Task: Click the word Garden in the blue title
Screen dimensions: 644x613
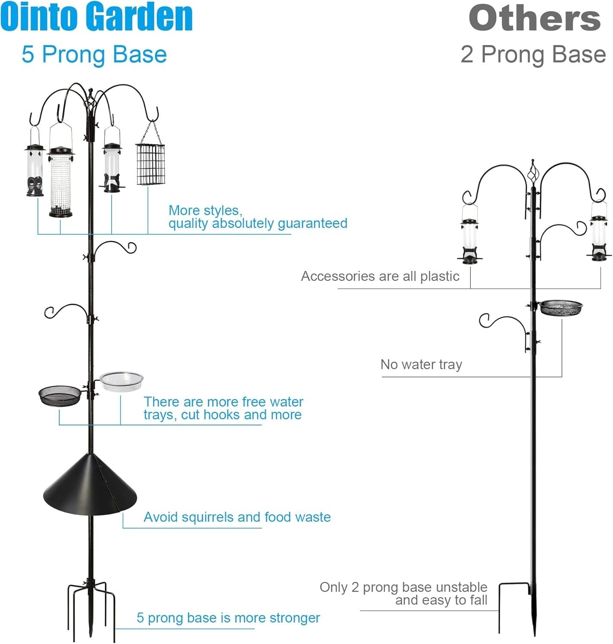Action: click(142, 17)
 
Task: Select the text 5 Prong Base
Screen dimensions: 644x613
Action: click(94, 55)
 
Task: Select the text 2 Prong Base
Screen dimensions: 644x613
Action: click(533, 55)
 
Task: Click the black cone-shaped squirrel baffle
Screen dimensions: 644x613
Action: click(90, 485)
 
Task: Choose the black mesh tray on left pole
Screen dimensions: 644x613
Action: click(59, 395)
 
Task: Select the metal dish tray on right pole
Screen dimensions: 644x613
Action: click(561, 307)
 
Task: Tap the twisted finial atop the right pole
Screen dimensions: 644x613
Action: click(533, 174)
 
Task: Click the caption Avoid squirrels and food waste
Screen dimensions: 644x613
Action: click(237, 517)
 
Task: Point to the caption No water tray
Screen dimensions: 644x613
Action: click(421, 365)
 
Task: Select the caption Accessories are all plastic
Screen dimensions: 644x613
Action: click(380, 276)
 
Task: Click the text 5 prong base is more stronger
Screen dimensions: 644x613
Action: click(228, 618)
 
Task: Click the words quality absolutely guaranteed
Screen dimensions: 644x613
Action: click(258, 223)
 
